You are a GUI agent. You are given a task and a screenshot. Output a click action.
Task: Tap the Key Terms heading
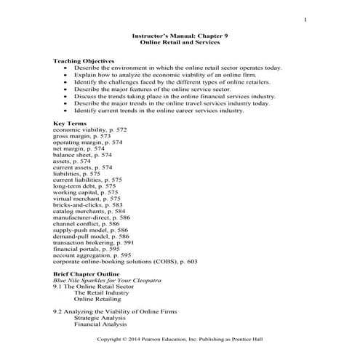click(x=71, y=123)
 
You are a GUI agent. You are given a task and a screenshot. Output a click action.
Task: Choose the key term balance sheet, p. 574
click(x=82, y=155)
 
